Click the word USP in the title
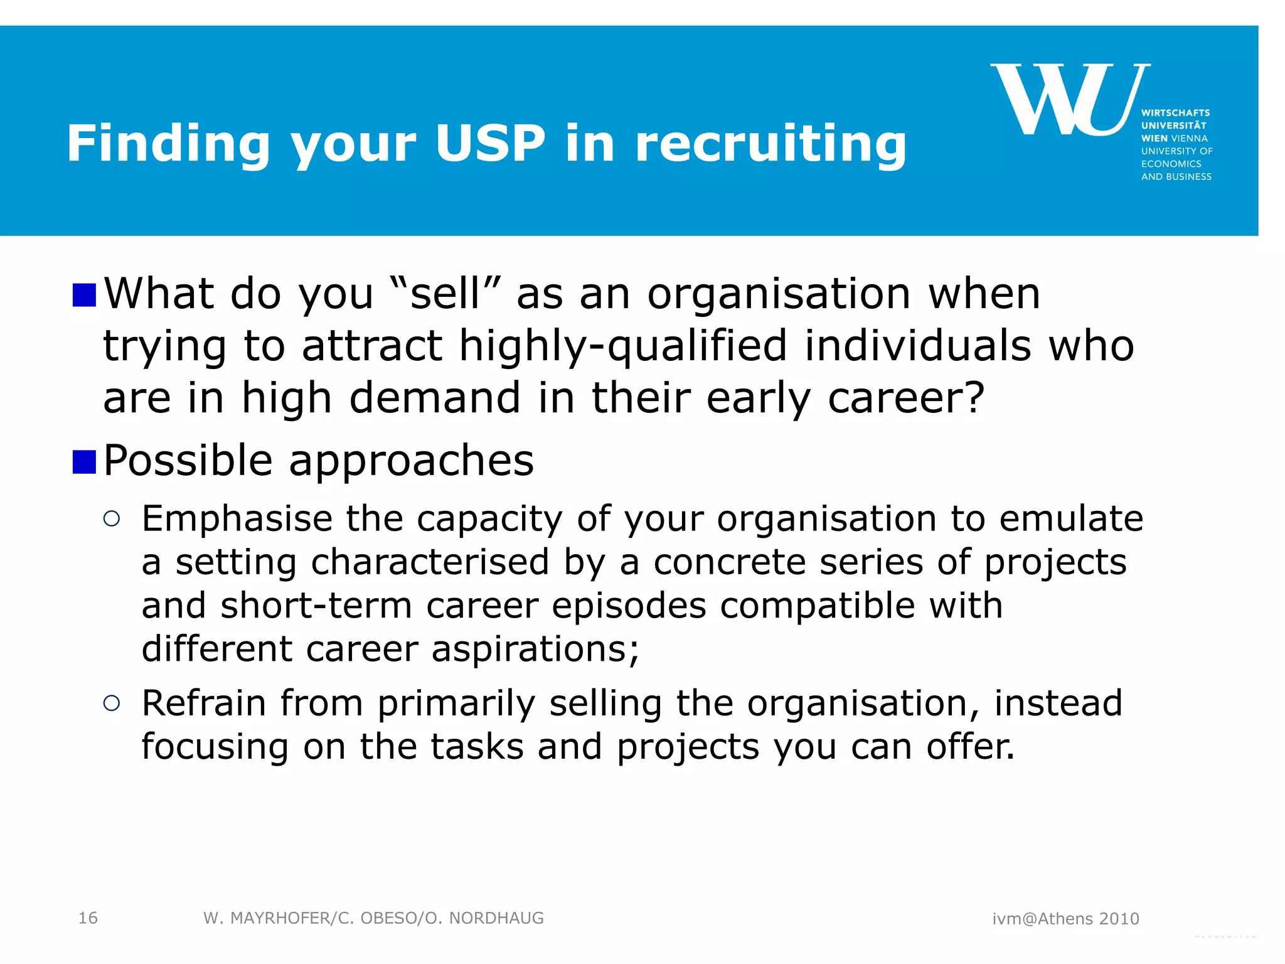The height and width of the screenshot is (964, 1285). [490, 144]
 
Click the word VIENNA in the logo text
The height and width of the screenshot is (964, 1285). [1189, 138]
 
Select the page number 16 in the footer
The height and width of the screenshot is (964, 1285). [88, 918]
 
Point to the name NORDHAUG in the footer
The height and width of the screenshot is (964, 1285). [496, 918]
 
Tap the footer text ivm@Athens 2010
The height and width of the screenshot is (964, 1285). [1065, 919]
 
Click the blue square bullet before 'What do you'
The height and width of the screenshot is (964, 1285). [84, 295]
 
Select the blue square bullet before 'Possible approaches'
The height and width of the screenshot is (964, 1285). [84, 462]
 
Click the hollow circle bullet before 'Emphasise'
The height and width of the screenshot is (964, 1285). [112, 518]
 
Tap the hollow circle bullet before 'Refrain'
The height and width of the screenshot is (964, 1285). [112, 703]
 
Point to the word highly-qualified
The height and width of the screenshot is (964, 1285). [623, 346]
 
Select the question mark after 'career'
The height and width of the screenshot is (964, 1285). [974, 398]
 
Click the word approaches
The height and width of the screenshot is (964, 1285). [411, 461]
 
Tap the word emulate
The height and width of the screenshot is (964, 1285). [1071, 518]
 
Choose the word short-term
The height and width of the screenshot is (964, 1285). [316, 605]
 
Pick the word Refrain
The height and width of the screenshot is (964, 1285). [204, 703]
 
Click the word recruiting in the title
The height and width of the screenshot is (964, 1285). [770, 144]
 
